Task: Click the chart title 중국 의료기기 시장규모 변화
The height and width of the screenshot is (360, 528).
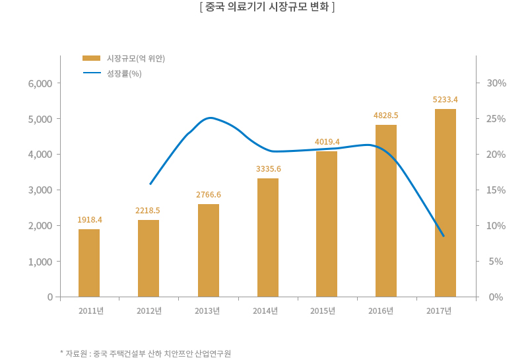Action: tap(267, 8)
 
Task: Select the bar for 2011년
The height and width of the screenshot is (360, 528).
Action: tap(89, 263)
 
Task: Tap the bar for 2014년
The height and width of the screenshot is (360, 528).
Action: tap(268, 238)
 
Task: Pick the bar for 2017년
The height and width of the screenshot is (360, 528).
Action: tap(445, 203)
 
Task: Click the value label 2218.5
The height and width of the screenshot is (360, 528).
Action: tap(148, 211)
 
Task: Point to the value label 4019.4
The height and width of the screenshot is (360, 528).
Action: tap(327, 142)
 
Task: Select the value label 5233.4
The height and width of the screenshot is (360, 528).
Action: tap(445, 100)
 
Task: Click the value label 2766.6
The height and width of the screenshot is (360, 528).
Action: tap(209, 195)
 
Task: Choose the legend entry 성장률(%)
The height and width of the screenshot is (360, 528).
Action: tap(124, 73)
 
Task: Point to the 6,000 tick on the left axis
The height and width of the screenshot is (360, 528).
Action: tap(40, 83)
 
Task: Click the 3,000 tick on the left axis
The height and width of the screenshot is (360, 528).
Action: tap(40, 190)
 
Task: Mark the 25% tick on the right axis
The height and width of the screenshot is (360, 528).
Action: tap(496, 119)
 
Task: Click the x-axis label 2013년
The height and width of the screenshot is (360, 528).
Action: tap(207, 311)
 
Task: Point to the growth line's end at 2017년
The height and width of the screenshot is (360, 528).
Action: tap(444, 236)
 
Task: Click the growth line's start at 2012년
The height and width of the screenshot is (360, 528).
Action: tap(150, 184)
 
